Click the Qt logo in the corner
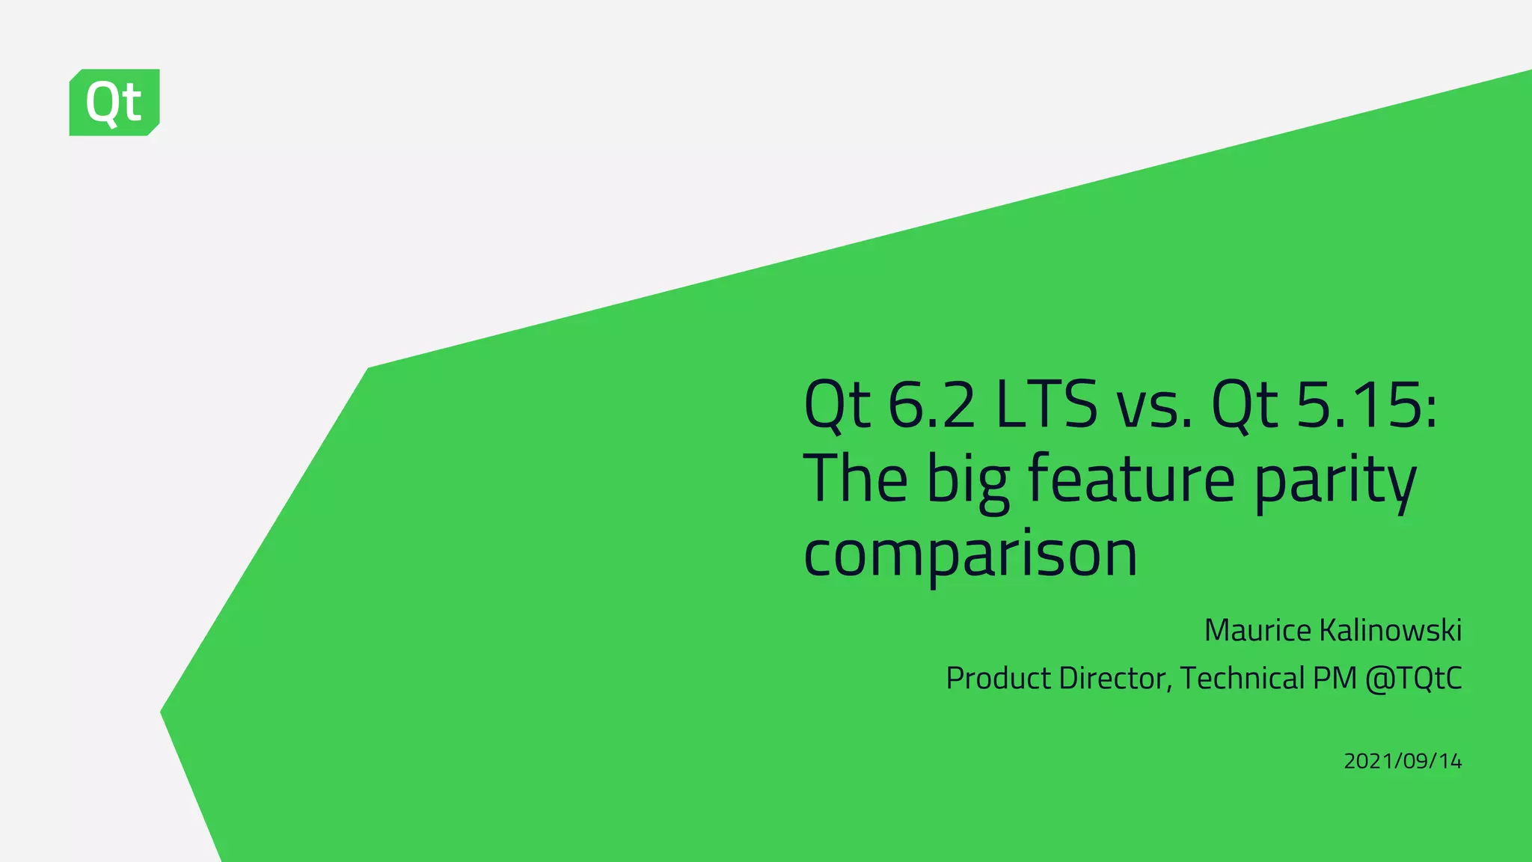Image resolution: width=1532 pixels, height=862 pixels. [114, 103]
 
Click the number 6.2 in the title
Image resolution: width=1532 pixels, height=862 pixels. [931, 405]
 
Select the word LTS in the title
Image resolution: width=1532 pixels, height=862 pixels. [1047, 405]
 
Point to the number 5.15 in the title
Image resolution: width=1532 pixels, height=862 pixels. [1366, 405]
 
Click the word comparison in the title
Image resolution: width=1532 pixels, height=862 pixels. [970, 554]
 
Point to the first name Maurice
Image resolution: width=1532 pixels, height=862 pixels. [1258, 630]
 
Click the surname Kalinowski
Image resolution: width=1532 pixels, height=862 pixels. [1391, 630]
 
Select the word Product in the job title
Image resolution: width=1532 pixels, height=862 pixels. [999, 678]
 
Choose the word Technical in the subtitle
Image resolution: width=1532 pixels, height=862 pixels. [1243, 678]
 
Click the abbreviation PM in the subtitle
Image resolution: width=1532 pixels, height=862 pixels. [1335, 678]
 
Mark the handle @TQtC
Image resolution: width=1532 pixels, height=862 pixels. [1413, 678]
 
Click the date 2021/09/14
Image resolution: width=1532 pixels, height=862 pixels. [1403, 761]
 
